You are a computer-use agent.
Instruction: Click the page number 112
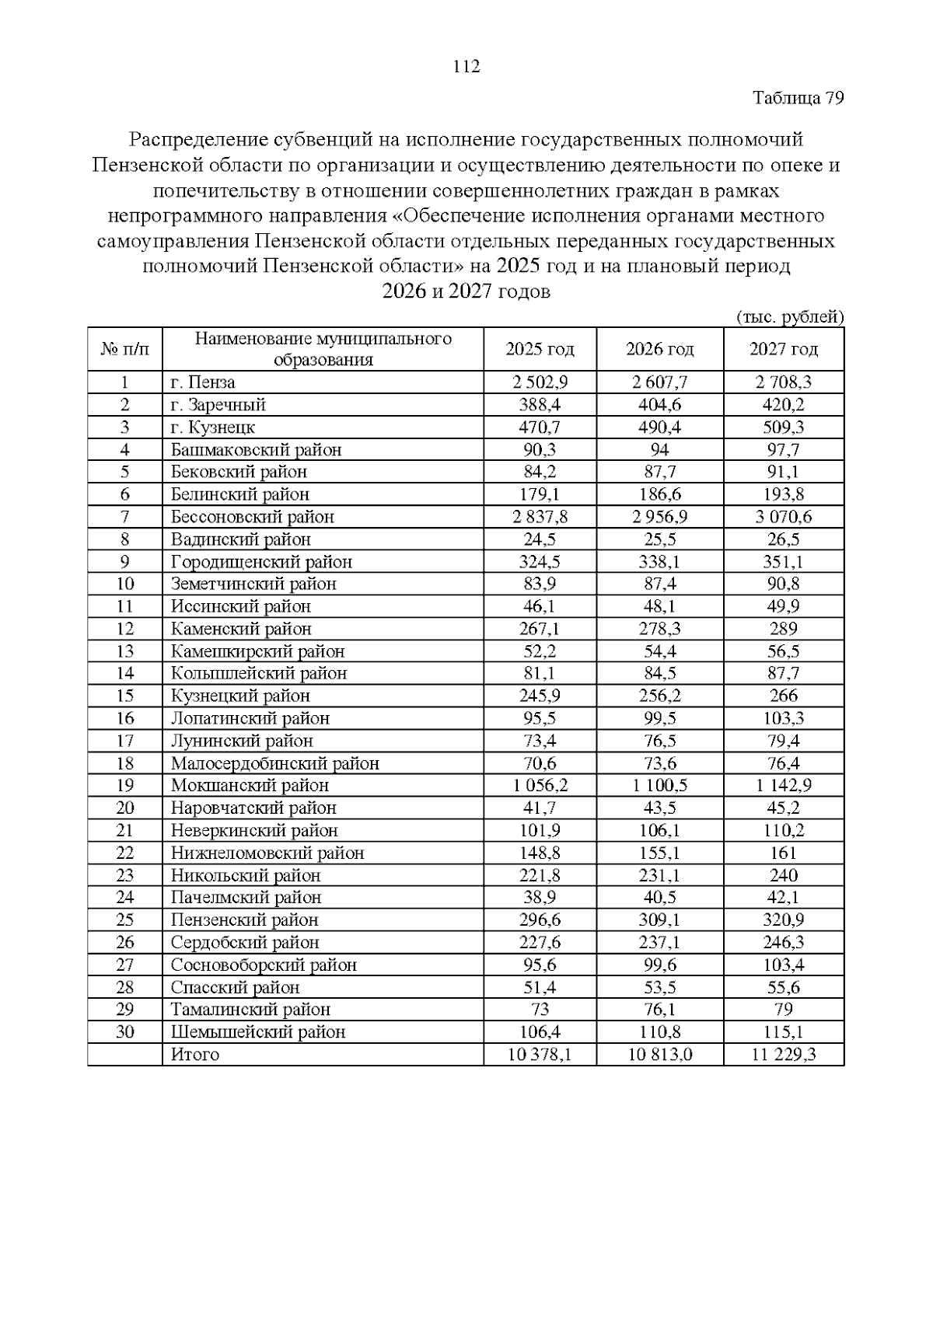click(x=466, y=67)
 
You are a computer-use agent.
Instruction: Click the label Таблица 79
click(x=798, y=99)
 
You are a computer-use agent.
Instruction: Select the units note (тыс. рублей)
click(x=789, y=317)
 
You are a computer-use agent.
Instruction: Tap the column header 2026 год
click(x=659, y=350)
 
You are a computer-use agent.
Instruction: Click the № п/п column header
click(x=124, y=350)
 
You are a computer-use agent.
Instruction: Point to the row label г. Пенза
click(x=203, y=382)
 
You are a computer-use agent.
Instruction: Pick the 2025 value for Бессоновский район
click(x=540, y=517)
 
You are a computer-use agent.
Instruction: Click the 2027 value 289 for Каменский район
click(x=783, y=629)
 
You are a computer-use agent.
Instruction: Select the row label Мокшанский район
click(x=250, y=786)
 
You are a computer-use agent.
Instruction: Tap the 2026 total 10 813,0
click(x=659, y=1055)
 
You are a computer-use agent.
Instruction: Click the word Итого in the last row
click(x=195, y=1055)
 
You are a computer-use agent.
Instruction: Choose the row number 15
click(x=124, y=696)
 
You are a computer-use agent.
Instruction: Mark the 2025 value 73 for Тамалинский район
click(x=540, y=1010)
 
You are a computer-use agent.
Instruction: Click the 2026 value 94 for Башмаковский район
click(x=659, y=450)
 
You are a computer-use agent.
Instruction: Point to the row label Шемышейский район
click(x=257, y=1032)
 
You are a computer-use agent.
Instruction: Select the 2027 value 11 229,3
click(x=783, y=1055)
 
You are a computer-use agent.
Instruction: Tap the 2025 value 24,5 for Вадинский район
click(x=540, y=539)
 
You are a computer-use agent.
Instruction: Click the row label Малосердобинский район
click(x=274, y=764)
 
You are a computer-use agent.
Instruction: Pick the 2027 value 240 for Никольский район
click(x=783, y=875)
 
